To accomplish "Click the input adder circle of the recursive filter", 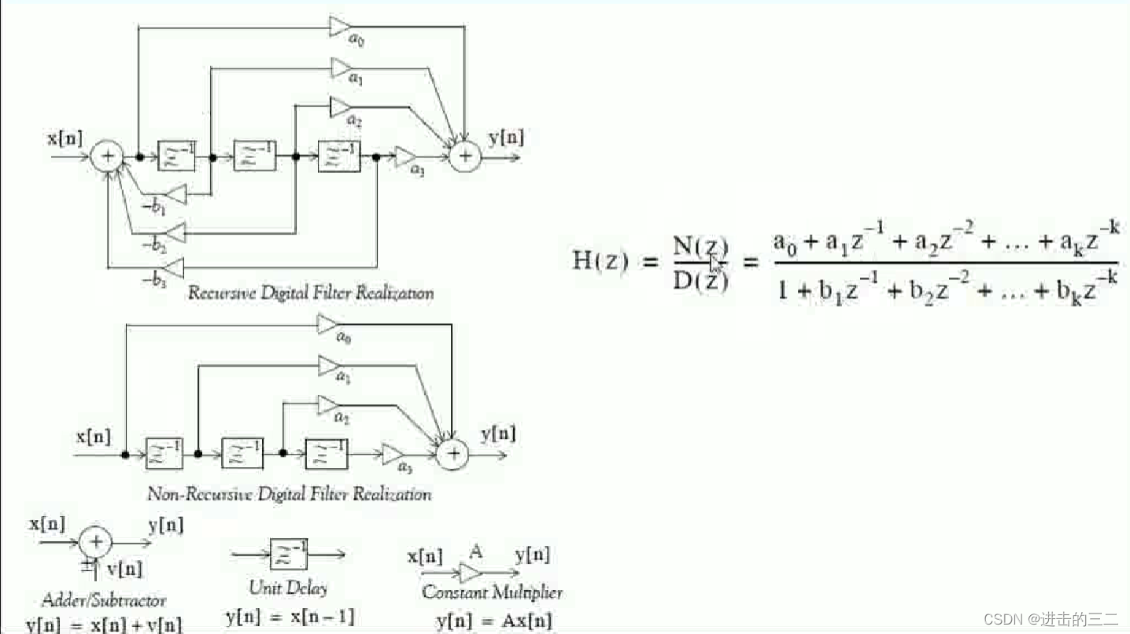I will (106, 157).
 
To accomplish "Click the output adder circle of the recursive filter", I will (465, 157).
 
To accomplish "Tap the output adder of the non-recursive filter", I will (452, 454).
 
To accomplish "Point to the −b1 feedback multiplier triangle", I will (177, 194).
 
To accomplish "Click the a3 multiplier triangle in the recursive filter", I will (405, 157).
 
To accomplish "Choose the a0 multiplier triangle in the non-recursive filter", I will (328, 324).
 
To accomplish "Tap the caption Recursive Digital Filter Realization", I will (310, 293).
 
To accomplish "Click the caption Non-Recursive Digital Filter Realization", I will (290, 495).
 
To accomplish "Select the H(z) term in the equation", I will (600, 260).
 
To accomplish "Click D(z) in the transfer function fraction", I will (700, 280).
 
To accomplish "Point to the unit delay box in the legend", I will (288, 555).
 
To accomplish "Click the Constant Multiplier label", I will (492, 592).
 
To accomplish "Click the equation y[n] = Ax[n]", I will (494, 621).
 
